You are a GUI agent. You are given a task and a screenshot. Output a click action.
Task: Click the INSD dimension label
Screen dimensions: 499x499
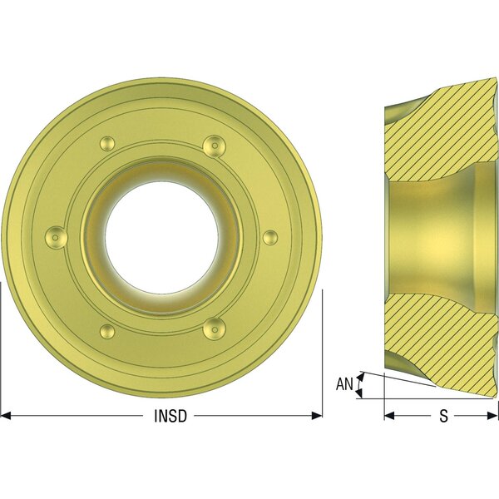(170, 416)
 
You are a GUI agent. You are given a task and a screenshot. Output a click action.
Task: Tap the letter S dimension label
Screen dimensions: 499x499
(443, 416)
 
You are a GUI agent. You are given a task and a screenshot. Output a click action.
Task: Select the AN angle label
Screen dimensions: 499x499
(344, 383)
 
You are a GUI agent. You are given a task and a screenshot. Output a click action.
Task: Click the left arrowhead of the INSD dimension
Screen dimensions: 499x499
(6, 415)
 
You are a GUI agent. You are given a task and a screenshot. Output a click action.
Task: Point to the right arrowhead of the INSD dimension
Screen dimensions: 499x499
(317, 415)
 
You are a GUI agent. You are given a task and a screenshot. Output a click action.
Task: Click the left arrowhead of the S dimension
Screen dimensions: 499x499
(389, 415)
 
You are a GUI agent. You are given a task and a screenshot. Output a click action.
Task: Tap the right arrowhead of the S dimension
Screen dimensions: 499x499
(492, 415)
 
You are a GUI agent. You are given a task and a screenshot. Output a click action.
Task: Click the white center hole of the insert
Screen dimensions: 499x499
(161, 237)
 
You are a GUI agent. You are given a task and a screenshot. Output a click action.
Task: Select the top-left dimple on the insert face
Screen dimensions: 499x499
(107, 144)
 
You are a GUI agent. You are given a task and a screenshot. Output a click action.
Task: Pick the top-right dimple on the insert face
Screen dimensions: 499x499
(215, 146)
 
